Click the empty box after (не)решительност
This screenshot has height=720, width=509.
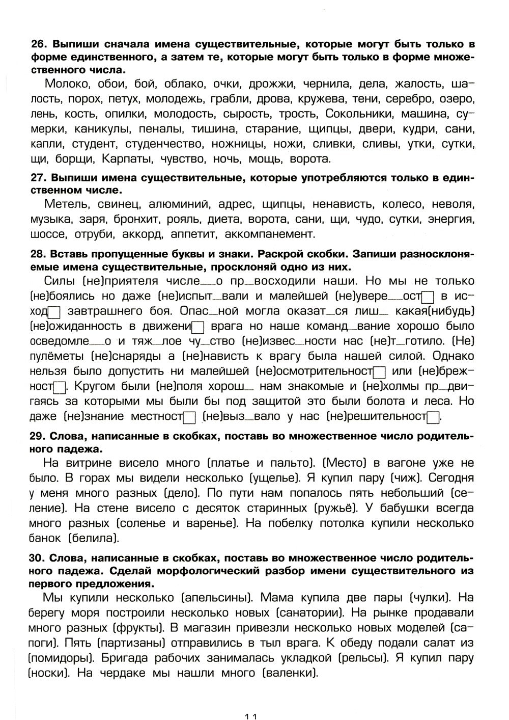point(433,417)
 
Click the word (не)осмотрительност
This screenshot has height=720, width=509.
point(314,371)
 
